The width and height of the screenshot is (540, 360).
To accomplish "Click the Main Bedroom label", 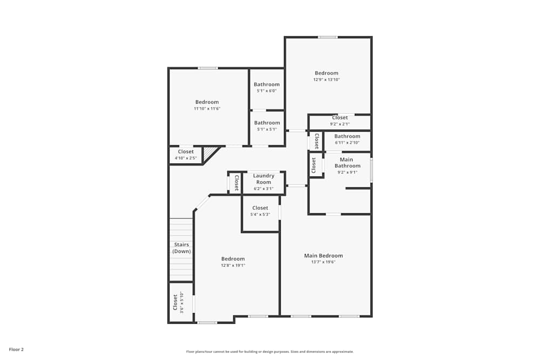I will point(323,256).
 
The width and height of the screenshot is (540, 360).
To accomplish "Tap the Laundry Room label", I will point(264,179).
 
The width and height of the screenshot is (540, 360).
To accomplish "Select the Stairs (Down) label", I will point(181,248).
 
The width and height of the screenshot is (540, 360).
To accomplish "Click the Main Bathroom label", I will point(347,162).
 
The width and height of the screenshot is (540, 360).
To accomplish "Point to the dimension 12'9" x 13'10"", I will point(327,80).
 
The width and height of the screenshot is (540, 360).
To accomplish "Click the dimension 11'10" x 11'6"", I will point(207,108).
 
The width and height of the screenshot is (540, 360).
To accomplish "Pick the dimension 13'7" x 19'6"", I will point(323,262).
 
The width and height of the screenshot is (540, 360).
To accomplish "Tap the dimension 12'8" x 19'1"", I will point(233,266).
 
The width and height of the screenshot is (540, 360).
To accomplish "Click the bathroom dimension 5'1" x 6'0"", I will point(267,91).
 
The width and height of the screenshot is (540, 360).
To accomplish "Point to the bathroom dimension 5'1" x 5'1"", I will point(267,129).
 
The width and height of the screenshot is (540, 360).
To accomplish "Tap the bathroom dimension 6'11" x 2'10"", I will point(347,142).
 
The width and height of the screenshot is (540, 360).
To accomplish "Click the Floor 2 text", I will point(17,349).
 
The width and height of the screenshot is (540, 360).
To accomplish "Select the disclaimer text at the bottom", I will point(270,351).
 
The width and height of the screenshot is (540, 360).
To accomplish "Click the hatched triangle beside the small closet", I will point(209,153).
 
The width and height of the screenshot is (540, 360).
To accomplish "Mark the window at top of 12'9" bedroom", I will point(327,37).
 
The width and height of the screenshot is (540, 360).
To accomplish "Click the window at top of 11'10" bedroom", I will point(207,68).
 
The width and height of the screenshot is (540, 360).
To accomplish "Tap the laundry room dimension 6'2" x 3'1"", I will point(264,189).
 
